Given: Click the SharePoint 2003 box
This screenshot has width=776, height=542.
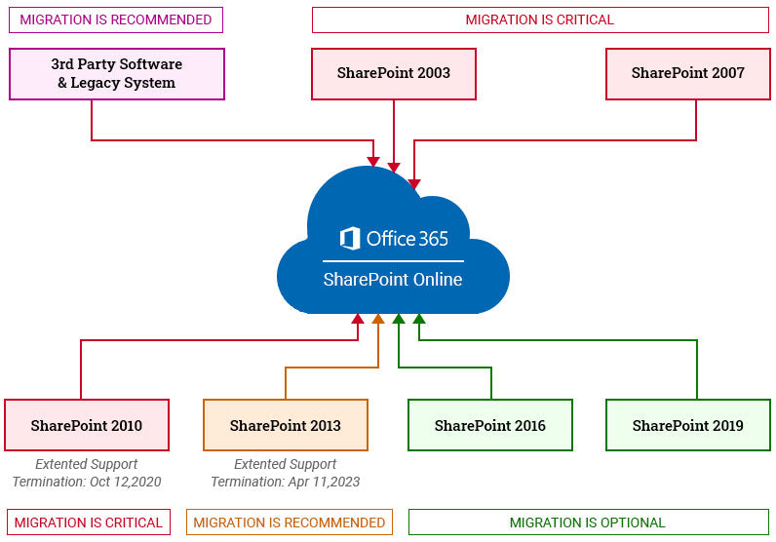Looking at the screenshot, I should click(394, 73).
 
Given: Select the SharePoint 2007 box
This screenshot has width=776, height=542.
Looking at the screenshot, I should click(687, 73).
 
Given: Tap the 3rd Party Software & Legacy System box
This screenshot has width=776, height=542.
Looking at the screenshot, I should click(116, 74).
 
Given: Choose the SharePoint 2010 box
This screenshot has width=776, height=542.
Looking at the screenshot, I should click(87, 425).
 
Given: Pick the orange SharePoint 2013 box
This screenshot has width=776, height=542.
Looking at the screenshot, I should click(286, 425).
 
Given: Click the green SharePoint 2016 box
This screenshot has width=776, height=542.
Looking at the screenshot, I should click(489, 425).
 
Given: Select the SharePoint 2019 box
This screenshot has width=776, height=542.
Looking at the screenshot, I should click(687, 425).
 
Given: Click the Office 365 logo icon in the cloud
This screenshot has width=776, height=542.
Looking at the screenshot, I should click(350, 239).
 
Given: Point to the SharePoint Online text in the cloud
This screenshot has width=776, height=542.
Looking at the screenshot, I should click(393, 280).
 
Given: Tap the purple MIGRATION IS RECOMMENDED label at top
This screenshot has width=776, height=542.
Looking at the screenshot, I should click(116, 19).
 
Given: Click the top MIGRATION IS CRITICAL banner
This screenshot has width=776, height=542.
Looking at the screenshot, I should click(539, 19).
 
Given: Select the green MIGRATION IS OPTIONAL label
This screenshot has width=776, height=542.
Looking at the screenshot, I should click(587, 523).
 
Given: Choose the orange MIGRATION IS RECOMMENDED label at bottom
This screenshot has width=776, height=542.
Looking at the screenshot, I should click(290, 523).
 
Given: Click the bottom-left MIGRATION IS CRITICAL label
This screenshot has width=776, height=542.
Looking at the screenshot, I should click(89, 523).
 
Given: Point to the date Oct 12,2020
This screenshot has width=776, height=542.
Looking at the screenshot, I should click(125, 482).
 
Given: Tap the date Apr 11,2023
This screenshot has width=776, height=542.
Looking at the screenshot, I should click(323, 482).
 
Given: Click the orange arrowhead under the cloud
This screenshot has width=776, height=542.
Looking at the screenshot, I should click(378, 319).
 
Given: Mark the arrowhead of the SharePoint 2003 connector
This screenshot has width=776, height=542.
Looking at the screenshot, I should click(394, 167).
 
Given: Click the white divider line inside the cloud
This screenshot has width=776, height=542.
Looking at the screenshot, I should click(393, 260).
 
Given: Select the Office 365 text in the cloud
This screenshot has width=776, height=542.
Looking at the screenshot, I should click(407, 239).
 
